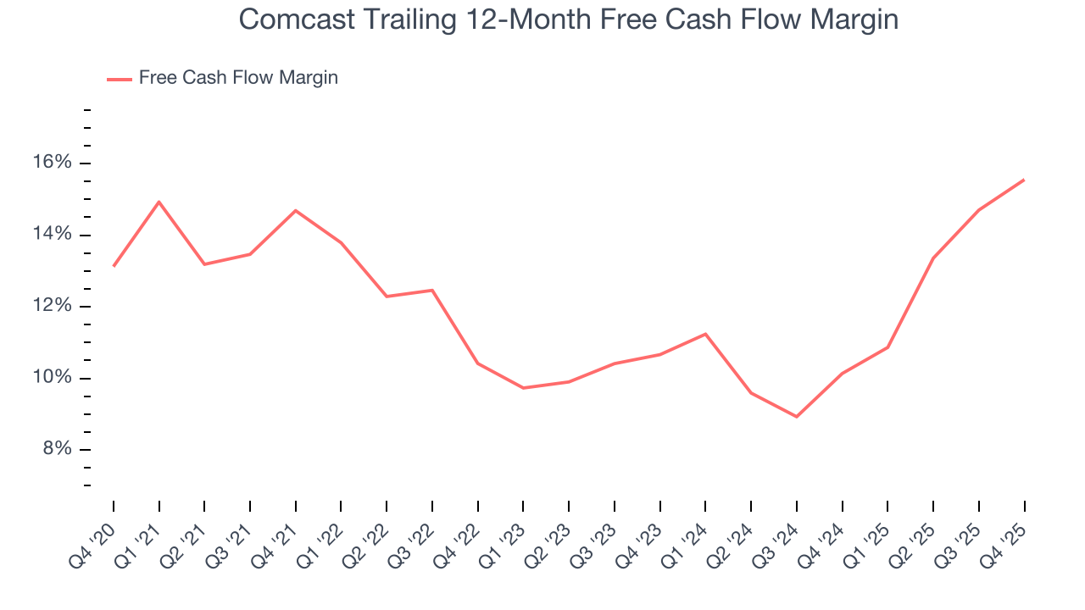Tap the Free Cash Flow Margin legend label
click(x=238, y=78)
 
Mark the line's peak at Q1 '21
click(x=159, y=202)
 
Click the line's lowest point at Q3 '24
click(x=797, y=417)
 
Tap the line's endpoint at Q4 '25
click(x=1024, y=180)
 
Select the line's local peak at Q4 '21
click(x=296, y=210)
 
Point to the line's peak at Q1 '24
click(x=705, y=334)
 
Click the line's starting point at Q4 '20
click(x=114, y=266)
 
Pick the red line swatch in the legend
click(x=119, y=79)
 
